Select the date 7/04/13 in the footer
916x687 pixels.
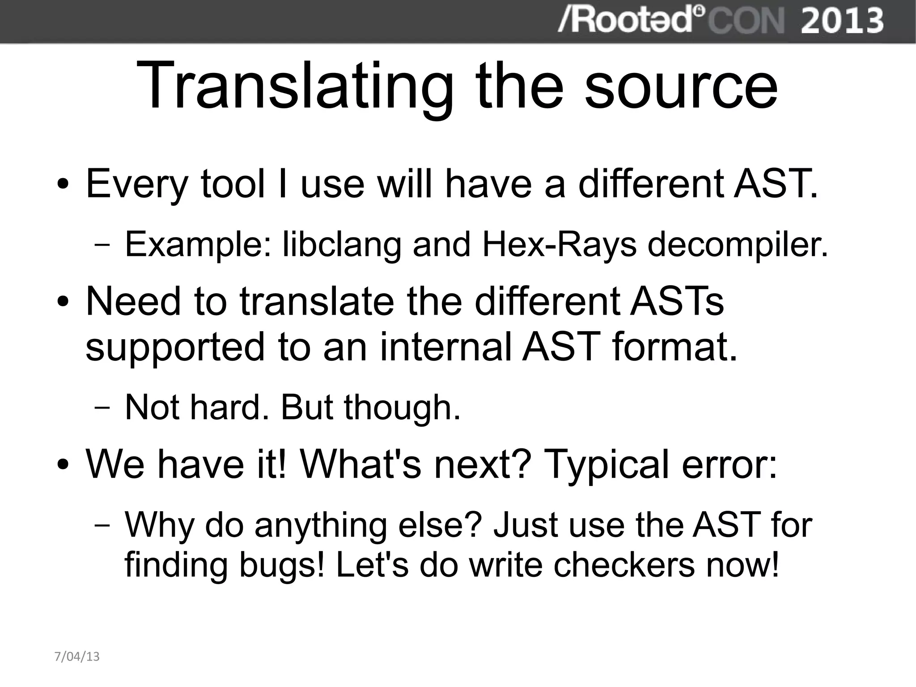[76, 657]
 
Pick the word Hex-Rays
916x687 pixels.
[559, 245]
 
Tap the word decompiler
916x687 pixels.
[738, 245]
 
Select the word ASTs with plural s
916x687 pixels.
[676, 301]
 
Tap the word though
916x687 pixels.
[402, 407]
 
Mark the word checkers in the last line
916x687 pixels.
[624, 565]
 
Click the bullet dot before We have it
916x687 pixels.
[63, 466]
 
